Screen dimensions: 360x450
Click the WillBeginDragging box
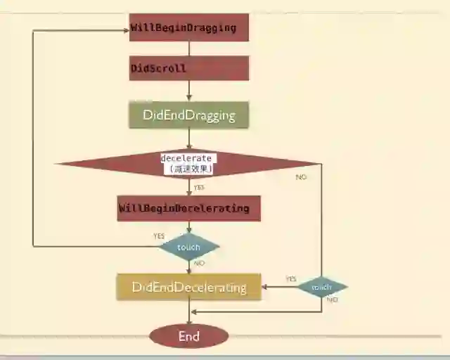pos(188,27)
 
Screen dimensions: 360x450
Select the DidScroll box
pos(188,68)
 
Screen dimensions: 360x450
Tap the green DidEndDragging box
pos(188,115)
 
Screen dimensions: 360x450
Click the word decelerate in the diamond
pos(186,158)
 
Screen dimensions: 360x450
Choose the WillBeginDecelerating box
pos(188,208)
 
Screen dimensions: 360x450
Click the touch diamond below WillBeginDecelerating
pos(188,247)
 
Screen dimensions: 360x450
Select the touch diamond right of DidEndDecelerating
pos(321,287)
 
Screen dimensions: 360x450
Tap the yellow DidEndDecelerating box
pos(188,287)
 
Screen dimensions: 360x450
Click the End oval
pos(188,336)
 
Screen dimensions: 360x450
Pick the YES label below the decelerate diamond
pos(199,188)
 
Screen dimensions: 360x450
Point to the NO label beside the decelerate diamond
pos(301,177)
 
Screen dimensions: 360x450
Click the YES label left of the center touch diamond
pos(159,236)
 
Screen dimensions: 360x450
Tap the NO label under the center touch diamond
pos(199,263)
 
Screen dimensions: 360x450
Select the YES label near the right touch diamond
pos(290,279)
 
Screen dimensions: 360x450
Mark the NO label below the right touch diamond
pos(332,300)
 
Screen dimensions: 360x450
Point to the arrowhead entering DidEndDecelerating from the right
pos(264,287)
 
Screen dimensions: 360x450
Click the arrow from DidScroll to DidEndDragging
pos(188,91)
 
